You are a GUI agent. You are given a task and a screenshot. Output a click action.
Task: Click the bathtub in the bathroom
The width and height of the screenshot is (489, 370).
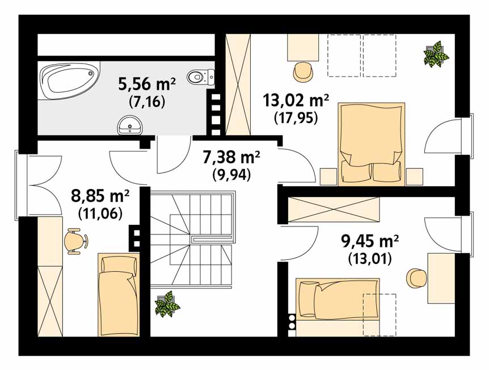(69, 81)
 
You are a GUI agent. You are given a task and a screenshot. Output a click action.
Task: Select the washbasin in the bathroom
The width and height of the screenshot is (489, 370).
(130, 125)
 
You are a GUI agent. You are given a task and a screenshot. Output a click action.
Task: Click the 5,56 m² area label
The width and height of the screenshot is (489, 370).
(147, 84)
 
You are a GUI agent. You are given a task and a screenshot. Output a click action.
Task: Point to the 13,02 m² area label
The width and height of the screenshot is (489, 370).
(296, 100)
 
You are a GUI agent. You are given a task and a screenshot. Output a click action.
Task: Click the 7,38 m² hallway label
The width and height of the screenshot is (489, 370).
(231, 157)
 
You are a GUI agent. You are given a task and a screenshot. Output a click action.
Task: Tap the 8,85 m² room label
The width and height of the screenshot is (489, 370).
(100, 196)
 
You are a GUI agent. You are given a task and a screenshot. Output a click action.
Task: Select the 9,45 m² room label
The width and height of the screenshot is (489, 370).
(370, 242)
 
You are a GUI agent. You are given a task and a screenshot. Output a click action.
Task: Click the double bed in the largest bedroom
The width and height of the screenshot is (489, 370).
(372, 144)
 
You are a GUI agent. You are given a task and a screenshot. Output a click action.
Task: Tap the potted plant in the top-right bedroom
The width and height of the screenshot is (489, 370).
(436, 54)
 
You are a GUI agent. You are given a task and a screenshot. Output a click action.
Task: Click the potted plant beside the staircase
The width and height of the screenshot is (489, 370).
(167, 304)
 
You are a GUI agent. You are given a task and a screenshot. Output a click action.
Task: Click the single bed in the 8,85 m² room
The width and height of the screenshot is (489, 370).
(119, 295)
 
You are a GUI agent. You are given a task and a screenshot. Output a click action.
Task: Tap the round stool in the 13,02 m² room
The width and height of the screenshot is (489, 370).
(303, 72)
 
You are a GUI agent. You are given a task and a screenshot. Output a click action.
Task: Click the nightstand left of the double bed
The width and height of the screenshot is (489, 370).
(328, 177)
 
